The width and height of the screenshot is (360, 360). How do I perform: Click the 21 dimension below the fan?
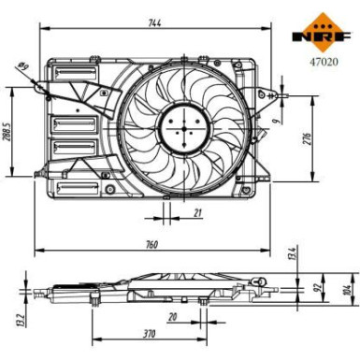click(197, 213)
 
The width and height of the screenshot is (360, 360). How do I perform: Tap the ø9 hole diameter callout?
click(21, 65)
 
